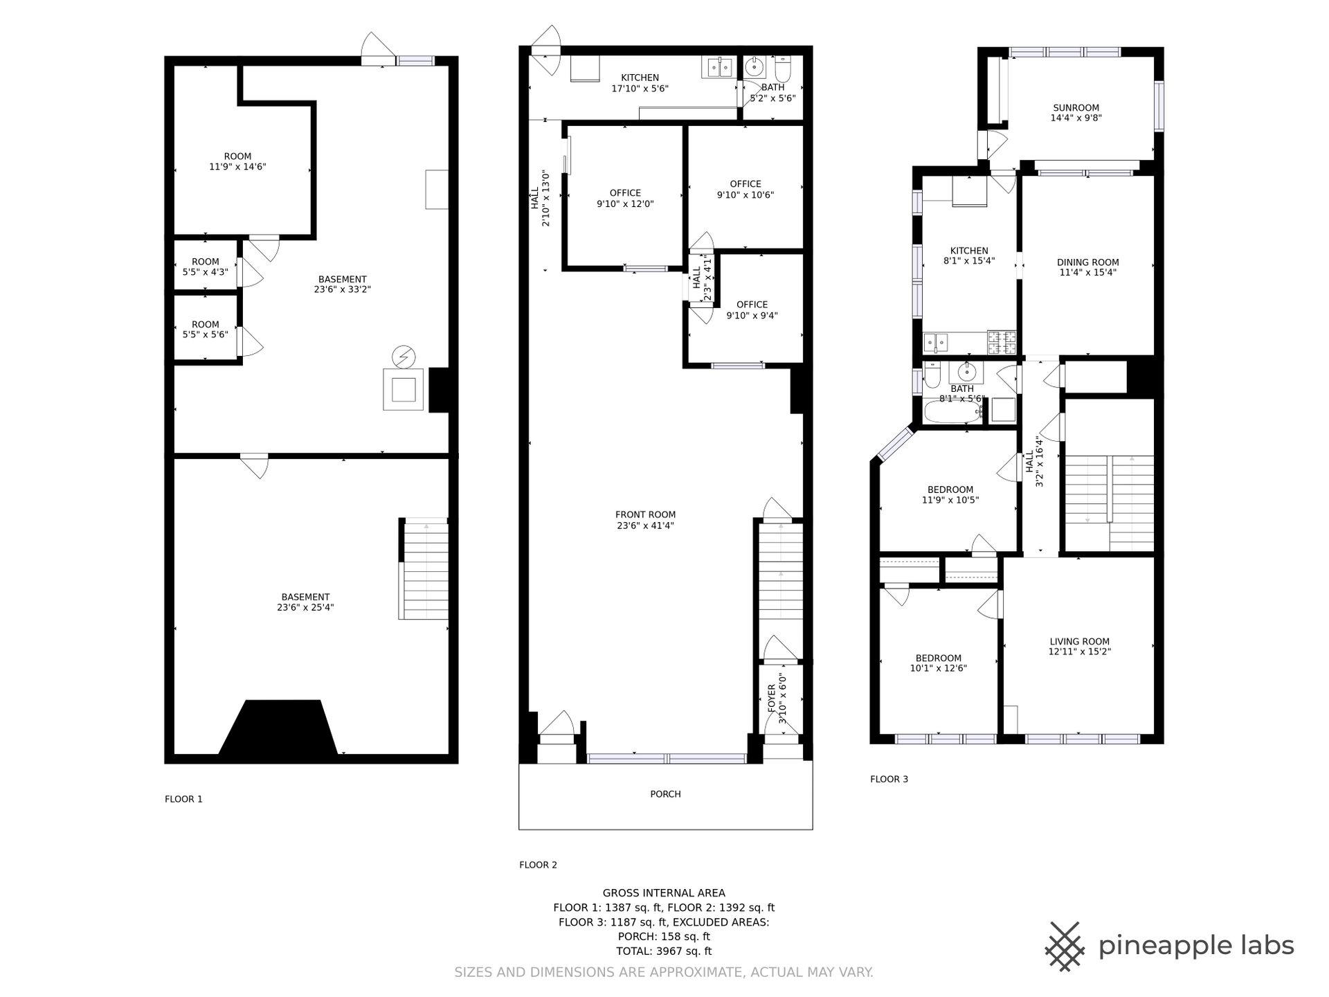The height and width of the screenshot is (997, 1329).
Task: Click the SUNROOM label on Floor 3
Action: tap(1076, 108)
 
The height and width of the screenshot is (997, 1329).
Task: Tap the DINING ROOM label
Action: tap(1087, 262)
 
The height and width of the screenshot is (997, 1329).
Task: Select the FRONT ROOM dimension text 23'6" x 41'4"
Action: tap(645, 526)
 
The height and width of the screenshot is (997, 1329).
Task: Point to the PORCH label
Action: tap(665, 794)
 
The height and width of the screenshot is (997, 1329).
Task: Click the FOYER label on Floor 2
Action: tap(772, 699)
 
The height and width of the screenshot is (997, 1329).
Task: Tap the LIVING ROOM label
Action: tap(1079, 642)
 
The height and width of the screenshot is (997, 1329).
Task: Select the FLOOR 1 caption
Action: tap(183, 799)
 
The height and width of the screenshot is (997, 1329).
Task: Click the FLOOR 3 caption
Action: tap(889, 779)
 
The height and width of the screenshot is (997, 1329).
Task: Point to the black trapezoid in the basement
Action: tap(278, 727)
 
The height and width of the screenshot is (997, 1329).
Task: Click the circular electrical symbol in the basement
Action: tap(404, 357)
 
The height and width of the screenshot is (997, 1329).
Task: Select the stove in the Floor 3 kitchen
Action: tap(1002, 342)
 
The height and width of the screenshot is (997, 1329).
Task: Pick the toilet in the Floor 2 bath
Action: tap(783, 69)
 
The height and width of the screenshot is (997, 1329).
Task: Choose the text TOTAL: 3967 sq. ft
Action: tap(664, 951)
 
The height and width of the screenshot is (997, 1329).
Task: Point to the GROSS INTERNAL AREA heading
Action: tap(664, 893)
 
